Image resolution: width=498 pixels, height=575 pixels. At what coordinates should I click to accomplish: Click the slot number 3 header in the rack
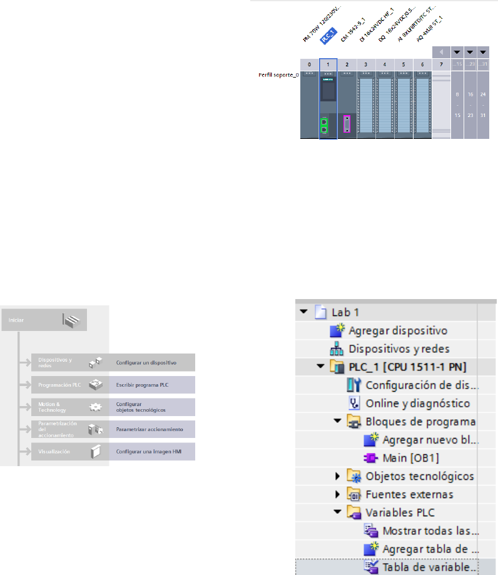coord(366,64)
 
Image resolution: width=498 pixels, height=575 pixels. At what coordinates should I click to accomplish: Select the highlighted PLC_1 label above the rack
coord(327,38)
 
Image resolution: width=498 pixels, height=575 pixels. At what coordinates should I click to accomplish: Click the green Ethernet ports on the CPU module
coord(325,125)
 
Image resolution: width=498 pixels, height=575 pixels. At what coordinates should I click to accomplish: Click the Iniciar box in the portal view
coord(44,320)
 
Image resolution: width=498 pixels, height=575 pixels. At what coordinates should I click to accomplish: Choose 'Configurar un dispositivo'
coord(146,362)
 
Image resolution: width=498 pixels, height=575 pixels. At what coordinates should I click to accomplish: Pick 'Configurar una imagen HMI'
coord(149,451)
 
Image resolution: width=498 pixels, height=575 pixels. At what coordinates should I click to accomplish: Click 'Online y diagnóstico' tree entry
coord(417,404)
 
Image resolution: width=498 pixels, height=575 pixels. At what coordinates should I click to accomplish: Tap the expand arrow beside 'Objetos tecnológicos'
coord(338,477)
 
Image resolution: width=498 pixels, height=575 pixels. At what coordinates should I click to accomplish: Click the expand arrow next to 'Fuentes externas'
coord(338,494)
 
